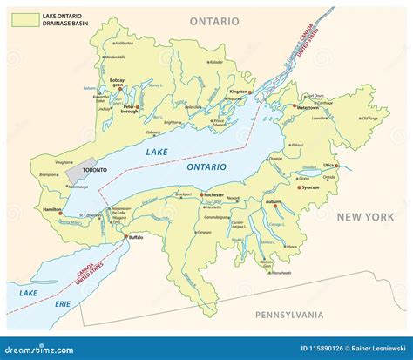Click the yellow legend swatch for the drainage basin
coord(24,17)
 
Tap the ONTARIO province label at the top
coord(218,18)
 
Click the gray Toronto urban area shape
coord(78,172)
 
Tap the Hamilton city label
coord(51,210)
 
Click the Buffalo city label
coord(135,237)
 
